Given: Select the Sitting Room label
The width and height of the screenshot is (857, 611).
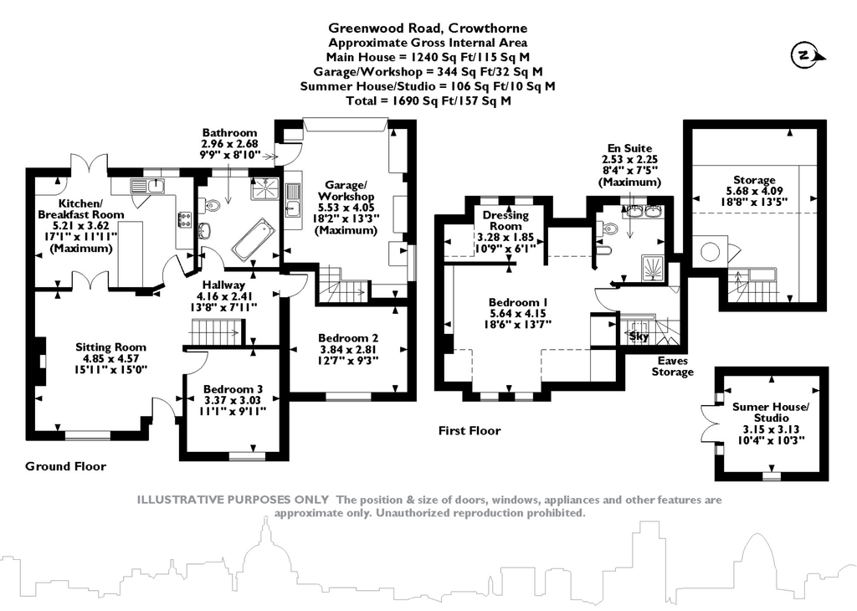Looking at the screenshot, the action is pos(110,347).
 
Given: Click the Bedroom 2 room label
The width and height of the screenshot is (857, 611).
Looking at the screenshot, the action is pos(348,338).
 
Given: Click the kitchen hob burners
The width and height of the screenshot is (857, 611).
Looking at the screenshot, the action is pos(183,219).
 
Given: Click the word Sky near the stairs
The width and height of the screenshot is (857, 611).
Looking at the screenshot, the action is pos(639,336).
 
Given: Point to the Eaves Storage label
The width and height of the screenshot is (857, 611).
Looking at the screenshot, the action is pos(672,366).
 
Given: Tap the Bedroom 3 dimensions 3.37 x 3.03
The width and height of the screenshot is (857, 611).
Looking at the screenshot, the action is pos(233,400).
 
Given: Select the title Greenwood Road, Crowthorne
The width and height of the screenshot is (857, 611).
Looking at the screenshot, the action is pos(428,28).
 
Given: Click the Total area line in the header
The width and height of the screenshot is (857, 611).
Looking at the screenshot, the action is pos(428,100).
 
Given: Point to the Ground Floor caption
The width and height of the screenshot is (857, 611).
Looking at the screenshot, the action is pos(65,466).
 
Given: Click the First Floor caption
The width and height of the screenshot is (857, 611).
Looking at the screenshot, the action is pos(470,431).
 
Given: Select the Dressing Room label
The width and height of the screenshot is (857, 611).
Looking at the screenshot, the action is pos(505,220).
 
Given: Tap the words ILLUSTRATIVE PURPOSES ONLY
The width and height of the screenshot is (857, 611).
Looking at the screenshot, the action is pos(233,500).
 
